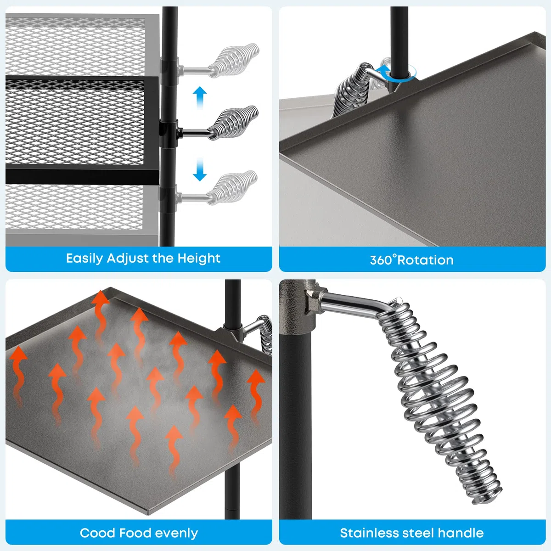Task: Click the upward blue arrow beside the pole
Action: [200, 97]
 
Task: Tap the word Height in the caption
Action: [199, 258]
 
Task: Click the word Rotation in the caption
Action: [426, 260]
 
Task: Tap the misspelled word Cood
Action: [97, 533]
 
